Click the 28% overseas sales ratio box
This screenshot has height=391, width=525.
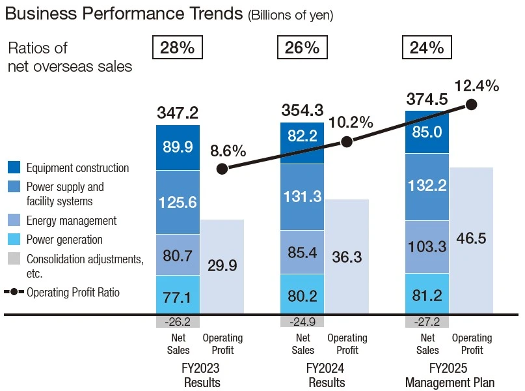tap(177, 48)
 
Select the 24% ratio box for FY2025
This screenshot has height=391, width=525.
tap(426, 48)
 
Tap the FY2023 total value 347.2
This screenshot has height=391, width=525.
tap(178, 113)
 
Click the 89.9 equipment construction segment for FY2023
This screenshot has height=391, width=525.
tap(178, 147)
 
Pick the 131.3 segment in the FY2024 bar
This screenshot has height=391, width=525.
tap(303, 197)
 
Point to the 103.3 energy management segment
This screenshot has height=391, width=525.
tap(427, 247)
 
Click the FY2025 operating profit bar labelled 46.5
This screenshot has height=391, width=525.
tap(471, 239)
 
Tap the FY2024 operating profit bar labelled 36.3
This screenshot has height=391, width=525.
tap(347, 257)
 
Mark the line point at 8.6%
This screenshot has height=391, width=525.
tap(222, 169)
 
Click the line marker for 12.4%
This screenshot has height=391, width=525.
tap(472, 104)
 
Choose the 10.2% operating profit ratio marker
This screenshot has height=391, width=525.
tap(347, 141)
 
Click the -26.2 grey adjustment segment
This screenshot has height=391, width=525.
tap(178, 321)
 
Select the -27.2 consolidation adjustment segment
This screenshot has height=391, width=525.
tap(427, 321)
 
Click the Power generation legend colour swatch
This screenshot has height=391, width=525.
tap(14, 240)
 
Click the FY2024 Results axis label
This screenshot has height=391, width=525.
tap(327, 375)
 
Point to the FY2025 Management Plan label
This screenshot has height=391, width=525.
tap(450, 375)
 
